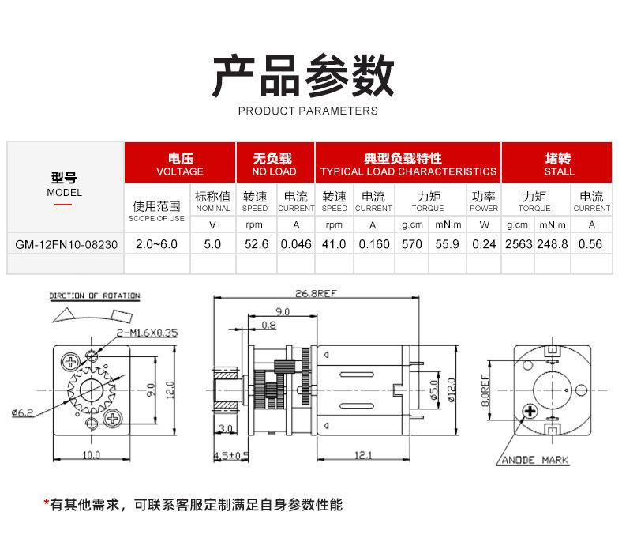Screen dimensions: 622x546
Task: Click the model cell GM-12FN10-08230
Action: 66,244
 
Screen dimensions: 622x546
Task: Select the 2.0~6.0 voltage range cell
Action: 156,244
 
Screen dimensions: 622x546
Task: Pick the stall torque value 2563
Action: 519,244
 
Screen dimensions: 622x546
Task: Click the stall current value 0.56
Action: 591,244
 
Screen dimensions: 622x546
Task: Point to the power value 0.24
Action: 484,244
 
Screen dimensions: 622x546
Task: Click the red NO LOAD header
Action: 274,164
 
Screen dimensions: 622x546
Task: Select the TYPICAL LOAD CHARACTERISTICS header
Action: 408,164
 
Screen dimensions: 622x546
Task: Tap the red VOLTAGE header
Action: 180,164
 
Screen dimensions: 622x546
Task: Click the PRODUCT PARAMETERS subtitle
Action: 308,111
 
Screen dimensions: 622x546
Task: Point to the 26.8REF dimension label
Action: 316,294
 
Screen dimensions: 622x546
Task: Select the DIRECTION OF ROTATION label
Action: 95,296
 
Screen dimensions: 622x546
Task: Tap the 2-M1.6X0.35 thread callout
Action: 146,333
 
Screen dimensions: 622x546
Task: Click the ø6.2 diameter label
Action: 21,412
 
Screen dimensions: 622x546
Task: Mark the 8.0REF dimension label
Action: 486,390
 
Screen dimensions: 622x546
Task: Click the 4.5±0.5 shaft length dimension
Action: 231,455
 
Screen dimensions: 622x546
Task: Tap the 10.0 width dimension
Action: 92,454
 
